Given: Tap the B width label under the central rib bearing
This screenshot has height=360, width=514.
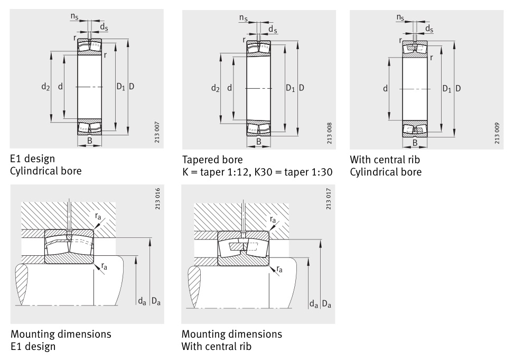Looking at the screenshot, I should pyautogui.click(x=415, y=142).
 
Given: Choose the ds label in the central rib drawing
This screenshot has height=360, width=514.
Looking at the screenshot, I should pyautogui.click(x=429, y=29).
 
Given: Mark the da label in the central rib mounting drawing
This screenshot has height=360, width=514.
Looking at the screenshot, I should pyautogui.click(x=314, y=303).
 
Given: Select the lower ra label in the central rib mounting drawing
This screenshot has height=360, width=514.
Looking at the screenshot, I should pyautogui.click(x=279, y=269).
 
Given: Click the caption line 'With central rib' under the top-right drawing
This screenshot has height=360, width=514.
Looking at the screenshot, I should pyautogui.click(x=385, y=160).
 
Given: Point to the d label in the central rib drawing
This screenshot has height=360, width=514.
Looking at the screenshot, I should pyautogui.click(x=386, y=88).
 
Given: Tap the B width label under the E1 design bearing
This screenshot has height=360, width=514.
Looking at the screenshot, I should pyautogui.click(x=90, y=141).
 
